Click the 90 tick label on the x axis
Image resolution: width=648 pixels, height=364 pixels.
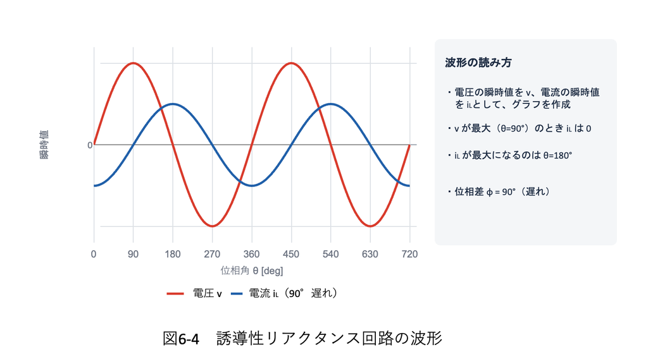click(133, 254)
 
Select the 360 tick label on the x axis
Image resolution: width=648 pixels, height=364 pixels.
click(252, 254)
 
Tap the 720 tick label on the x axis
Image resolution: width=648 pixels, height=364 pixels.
click(409, 254)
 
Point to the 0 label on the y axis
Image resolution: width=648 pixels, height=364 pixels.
click(90, 145)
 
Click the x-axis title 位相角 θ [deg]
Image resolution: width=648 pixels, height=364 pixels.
click(252, 270)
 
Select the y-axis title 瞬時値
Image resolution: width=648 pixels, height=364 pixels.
click(44, 145)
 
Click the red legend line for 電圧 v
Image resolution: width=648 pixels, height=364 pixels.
click(175, 294)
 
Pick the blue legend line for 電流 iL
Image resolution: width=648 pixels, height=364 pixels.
click(237, 294)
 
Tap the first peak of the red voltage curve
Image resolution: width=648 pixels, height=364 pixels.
click(133, 63)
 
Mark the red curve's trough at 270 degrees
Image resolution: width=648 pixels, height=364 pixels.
click(212, 226)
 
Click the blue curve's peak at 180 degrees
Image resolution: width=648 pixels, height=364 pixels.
click(172, 104)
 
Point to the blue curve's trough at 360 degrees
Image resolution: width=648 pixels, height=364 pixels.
click(252, 186)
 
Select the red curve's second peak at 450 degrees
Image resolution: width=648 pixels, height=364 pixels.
click(291, 63)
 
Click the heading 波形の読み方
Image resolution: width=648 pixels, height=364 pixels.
click(478, 63)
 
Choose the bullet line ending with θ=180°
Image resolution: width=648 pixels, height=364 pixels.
click(510, 155)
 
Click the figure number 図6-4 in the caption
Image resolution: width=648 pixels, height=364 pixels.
click(181, 339)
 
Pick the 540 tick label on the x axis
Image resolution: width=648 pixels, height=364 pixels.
click(330, 254)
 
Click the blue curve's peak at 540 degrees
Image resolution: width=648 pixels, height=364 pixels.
click(330, 104)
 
